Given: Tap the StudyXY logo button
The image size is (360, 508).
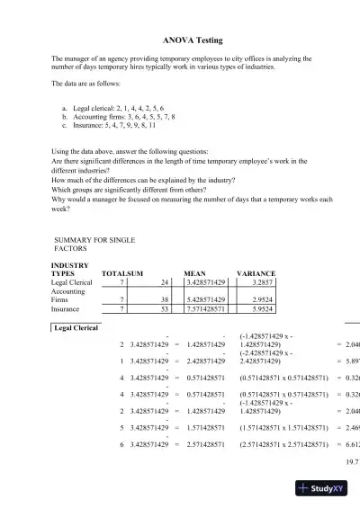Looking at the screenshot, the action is pyautogui.click(x=328, y=489).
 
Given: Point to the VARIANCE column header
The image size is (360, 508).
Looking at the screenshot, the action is pyautogui.click(x=256, y=272).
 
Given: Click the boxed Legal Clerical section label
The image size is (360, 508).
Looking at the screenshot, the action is pyautogui.click(x=77, y=327).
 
